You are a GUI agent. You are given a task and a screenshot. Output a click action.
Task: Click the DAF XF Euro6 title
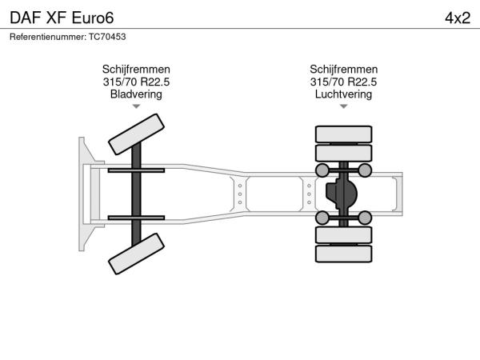click(62, 18)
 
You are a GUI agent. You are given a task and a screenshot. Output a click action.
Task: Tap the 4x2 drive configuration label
click(458, 18)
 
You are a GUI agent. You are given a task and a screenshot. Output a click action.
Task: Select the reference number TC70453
click(107, 37)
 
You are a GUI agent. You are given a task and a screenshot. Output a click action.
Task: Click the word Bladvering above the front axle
click(136, 94)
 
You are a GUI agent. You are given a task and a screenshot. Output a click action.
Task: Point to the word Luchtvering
click(343, 94)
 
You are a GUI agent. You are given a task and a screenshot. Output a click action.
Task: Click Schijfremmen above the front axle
click(136, 69)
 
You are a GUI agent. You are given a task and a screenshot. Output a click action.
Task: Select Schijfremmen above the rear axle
click(343, 69)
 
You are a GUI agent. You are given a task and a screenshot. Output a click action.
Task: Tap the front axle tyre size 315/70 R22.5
click(136, 82)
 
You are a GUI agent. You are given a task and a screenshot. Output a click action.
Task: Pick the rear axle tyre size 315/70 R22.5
click(343, 82)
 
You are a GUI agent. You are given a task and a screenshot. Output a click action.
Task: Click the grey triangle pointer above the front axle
click(136, 106)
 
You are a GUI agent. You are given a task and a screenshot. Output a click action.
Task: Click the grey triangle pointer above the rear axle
click(343, 106)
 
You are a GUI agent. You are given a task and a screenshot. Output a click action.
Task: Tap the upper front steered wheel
click(136, 134)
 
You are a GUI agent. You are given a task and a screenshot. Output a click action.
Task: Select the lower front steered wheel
click(136, 254)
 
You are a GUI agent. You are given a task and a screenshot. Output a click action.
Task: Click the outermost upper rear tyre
click(343, 134)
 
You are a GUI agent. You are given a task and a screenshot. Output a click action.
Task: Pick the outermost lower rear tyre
click(343, 254)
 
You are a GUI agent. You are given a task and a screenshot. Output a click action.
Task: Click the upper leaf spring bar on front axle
click(136, 170)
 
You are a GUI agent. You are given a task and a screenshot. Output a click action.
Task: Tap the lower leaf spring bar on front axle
click(136, 218)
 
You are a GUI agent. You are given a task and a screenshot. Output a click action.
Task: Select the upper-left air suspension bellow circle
click(322, 170)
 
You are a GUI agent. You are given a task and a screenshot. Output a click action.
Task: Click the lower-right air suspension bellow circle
click(365, 218)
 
